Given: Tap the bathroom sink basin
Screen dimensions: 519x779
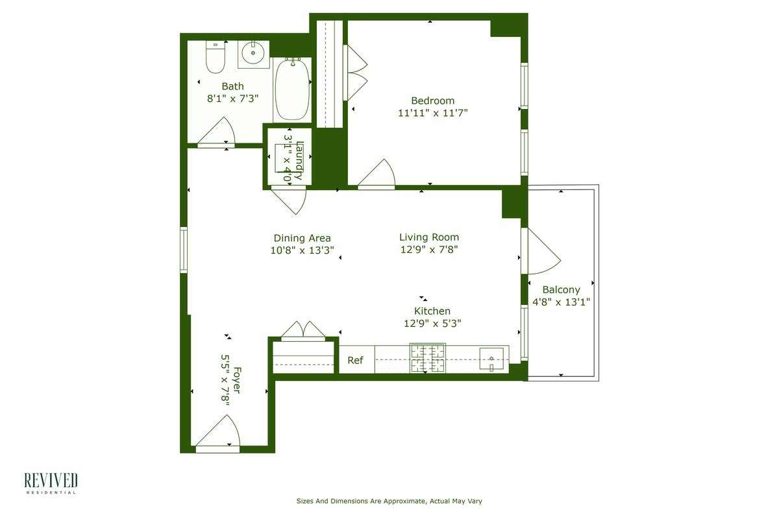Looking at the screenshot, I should [253, 53].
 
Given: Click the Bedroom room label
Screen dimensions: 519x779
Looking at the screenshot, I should [432, 101].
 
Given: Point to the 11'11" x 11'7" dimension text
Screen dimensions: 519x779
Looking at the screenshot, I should [432, 113].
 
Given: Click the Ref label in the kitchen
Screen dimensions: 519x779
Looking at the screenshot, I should [355, 361].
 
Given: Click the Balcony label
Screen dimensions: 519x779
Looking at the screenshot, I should [561, 290].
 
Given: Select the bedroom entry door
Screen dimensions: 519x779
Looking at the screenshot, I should [378, 175].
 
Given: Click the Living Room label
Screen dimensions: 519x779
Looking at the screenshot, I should [428, 237].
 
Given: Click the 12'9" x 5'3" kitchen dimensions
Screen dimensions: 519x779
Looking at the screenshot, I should [432, 323].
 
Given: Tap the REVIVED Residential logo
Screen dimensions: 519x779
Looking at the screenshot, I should [51, 483].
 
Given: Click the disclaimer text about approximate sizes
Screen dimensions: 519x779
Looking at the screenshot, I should [389, 501].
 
